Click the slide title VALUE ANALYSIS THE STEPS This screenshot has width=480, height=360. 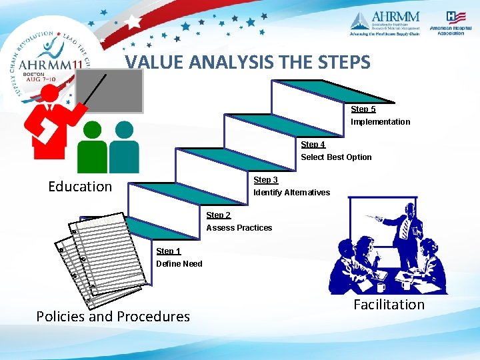247,62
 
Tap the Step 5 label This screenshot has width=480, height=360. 363,109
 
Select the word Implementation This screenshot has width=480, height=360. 381,122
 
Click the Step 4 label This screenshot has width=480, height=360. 313,145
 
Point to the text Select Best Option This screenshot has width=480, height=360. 336,157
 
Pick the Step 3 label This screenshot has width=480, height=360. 265,180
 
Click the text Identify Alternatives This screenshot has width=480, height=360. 291,193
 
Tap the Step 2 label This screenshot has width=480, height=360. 219,215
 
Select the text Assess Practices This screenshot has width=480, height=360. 239,228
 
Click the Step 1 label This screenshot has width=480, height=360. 168,251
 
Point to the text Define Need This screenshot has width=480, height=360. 179,264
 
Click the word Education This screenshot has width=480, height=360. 80,187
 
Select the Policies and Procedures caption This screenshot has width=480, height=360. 113,317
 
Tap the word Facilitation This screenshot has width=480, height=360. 389,305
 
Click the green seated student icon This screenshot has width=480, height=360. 92,148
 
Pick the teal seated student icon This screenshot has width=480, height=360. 124,148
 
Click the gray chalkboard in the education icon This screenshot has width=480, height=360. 118,90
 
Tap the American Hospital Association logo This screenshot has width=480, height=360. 447,23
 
